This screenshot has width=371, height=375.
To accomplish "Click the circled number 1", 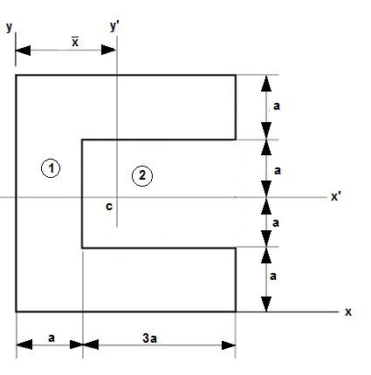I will click(52, 168).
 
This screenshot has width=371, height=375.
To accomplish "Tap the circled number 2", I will click(142, 175).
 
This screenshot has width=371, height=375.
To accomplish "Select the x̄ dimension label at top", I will click(75, 41).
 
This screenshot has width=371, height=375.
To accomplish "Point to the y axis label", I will click(10, 26).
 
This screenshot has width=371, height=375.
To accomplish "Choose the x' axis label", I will click(336, 197).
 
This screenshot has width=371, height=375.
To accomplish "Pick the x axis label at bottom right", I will click(347, 311).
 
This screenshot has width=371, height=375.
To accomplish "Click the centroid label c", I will click(108, 207).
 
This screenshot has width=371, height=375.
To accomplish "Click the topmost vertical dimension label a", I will click(277, 106).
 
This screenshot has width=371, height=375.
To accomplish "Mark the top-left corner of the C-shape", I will click(17, 76).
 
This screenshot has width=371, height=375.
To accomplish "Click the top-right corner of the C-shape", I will click(236, 76).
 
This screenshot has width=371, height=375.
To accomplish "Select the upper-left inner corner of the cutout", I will click(82, 139).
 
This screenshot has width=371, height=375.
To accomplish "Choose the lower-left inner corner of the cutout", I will click(82, 248).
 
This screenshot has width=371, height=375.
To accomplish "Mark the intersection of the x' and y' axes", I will click(116, 198).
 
